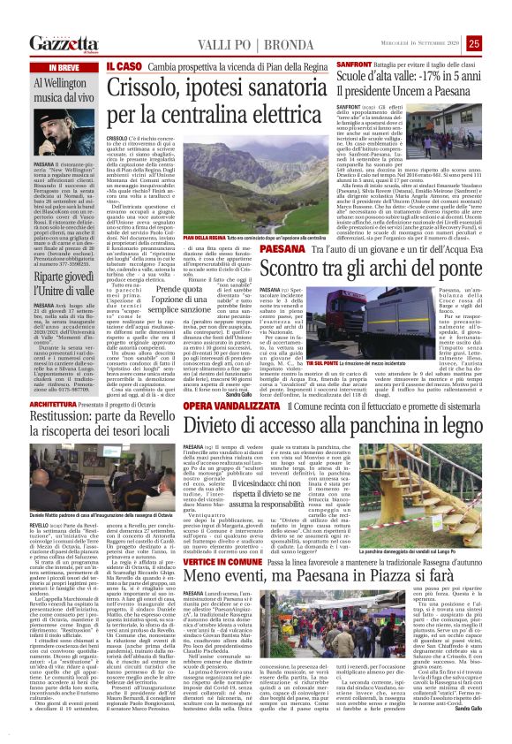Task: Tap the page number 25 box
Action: coord(499,43)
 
